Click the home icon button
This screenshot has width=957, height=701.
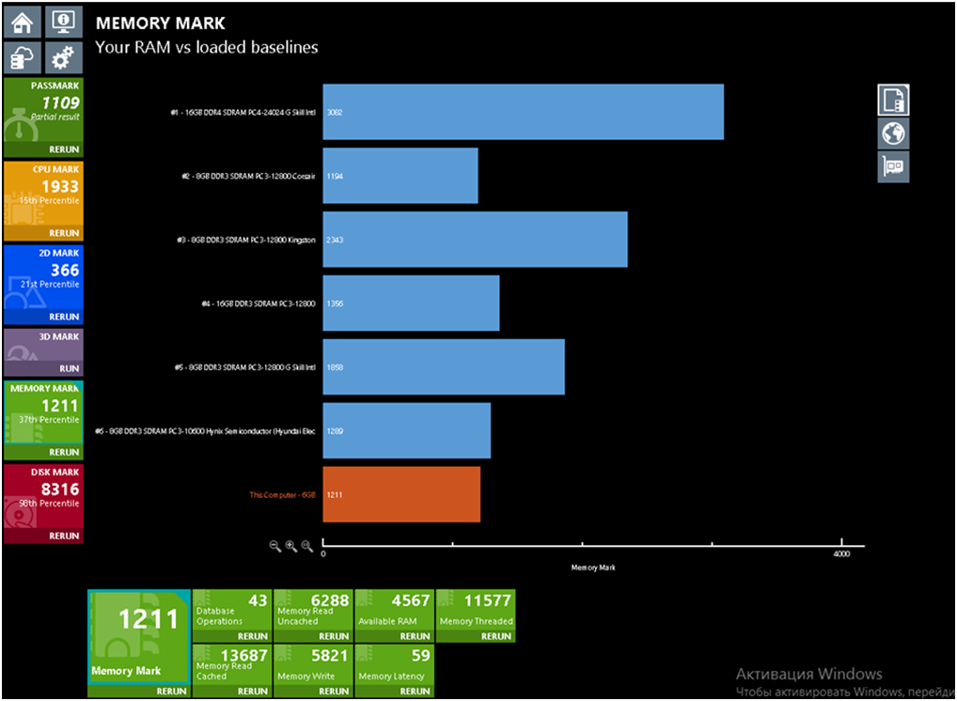(x=22, y=23)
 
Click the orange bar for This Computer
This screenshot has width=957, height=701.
(x=401, y=494)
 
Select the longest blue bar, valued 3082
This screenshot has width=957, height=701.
(x=523, y=112)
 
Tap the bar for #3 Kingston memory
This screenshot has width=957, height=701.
(x=475, y=240)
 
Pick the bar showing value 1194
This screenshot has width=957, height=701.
(x=400, y=176)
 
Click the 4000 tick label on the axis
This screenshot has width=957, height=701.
(x=841, y=554)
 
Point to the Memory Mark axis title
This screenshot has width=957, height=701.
(x=593, y=568)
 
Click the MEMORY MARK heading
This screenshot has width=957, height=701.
(x=161, y=23)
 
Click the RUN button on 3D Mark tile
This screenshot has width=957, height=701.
(x=69, y=369)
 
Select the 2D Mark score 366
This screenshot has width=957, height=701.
(x=65, y=271)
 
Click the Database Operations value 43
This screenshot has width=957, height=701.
(x=258, y=601)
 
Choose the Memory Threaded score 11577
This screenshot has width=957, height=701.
(x=488, y=601)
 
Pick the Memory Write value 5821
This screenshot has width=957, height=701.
(x=328, y=656)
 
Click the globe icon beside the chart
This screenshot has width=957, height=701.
(x=893, y=133)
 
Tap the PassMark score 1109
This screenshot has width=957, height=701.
(x=60, y=103)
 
